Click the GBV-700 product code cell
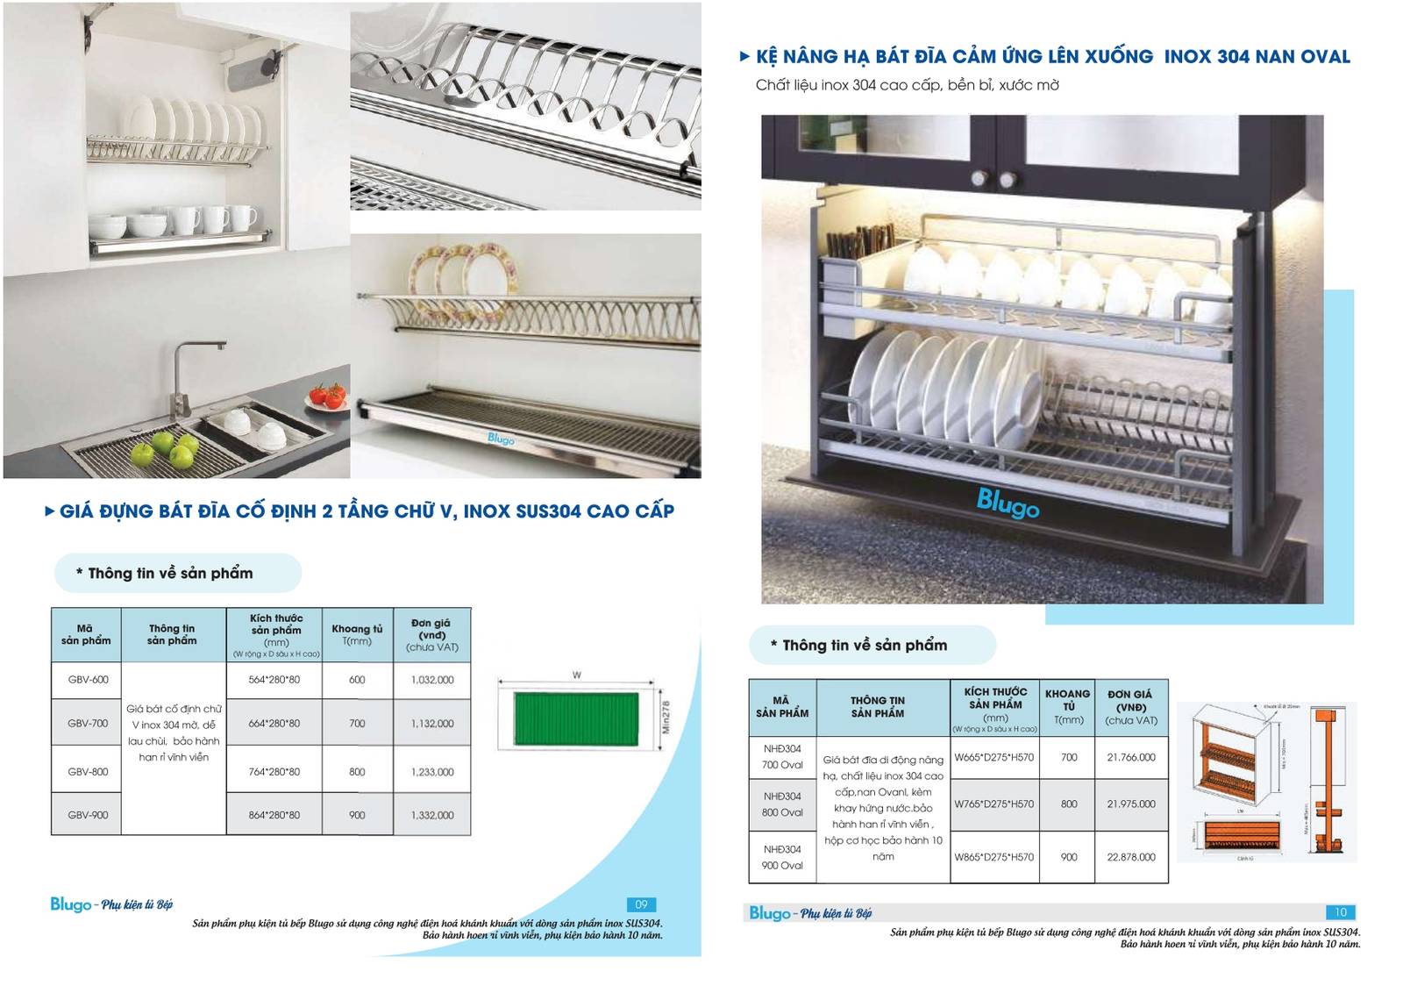(x=88, y=724)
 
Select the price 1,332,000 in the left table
(x=432, y=815)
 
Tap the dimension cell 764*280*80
(x=274, y=772)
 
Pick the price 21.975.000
(x=1131, y=804)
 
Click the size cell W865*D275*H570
(x=994, y=857)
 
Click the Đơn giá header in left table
(x=431, y=634)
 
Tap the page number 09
(x=641, y=904)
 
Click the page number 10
(x=1341, y=912)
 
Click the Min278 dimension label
(x=666, y=717)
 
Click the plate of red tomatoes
(x=328, y=397)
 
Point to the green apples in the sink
(x=164, y=449)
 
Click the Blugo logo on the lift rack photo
(x=1008, y=504)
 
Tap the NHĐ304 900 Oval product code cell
(x=782, y=857)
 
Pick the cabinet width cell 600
(x=357, y=680)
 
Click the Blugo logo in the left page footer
(x=71, y=904)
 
